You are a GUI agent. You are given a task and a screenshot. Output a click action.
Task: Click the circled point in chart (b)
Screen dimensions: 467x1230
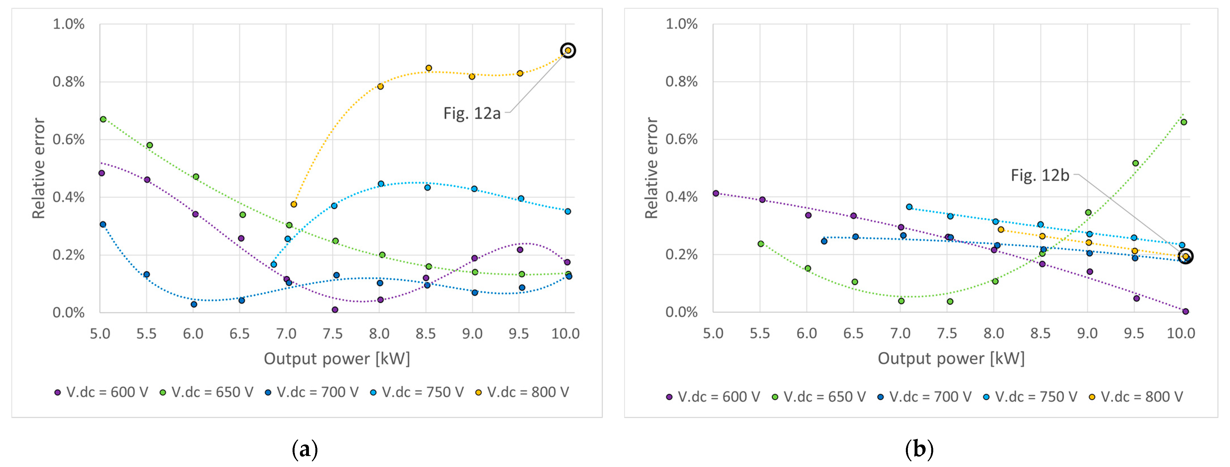pyautogui.click(x=1185, y=256)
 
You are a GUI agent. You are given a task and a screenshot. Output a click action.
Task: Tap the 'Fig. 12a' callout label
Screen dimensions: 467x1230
pyautogui.click(x=472, y=113)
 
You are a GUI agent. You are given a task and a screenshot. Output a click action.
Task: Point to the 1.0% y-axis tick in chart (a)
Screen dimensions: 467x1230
pyautogui.click(x=68, y=24)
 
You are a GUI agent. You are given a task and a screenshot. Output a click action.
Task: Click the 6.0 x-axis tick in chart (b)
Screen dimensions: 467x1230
pyautogui.click(x=806, y=334)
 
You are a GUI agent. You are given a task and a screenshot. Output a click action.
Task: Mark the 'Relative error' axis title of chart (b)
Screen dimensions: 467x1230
pyautogui.click(x=652, y=168)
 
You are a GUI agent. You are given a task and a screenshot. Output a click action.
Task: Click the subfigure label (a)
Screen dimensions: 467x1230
pyautogui.click(x=305, y=449)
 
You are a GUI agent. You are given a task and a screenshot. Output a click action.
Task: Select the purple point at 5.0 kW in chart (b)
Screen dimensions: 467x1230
pyautogui.click(x=716, y=193)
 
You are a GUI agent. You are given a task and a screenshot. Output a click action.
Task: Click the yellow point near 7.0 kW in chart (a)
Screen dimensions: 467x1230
pyautogui.click(x=294, y=204)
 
